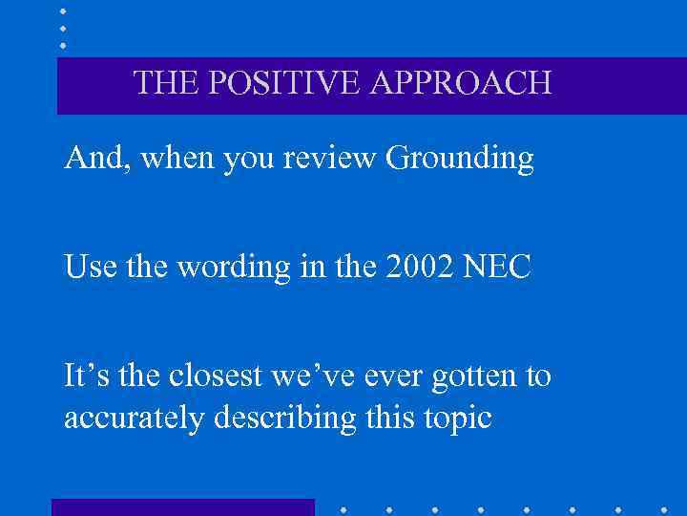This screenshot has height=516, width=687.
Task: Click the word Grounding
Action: coord(459,160)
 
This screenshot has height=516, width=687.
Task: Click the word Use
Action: coord(89,268)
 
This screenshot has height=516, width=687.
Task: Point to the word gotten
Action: coord(476,377)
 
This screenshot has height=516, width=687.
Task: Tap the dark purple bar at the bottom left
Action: coord(182,507)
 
